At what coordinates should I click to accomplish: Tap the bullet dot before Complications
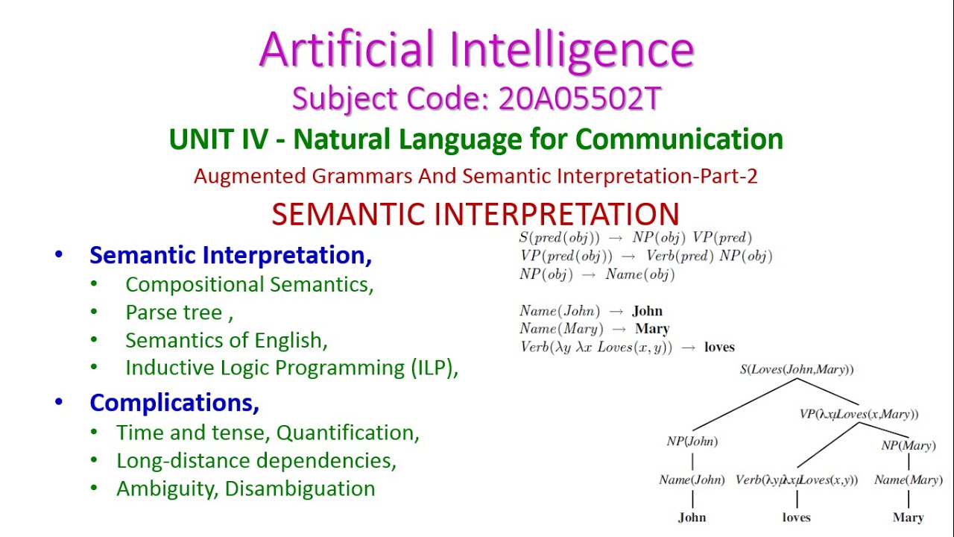59,403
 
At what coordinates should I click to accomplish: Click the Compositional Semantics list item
249,284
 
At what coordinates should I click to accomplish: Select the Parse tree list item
179,313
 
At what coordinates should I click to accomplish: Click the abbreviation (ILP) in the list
433,368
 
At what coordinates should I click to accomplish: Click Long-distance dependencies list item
256,461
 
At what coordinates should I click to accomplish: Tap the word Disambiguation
300,489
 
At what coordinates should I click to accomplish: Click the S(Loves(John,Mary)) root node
796,369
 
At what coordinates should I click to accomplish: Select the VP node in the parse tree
859,414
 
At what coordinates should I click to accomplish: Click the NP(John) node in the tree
692,442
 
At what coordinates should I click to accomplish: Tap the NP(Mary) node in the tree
908,446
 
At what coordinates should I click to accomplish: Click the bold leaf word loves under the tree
796,517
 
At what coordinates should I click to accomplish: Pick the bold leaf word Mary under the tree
908,517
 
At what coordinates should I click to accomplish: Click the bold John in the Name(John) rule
647,311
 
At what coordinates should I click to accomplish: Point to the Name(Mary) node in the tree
908,480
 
